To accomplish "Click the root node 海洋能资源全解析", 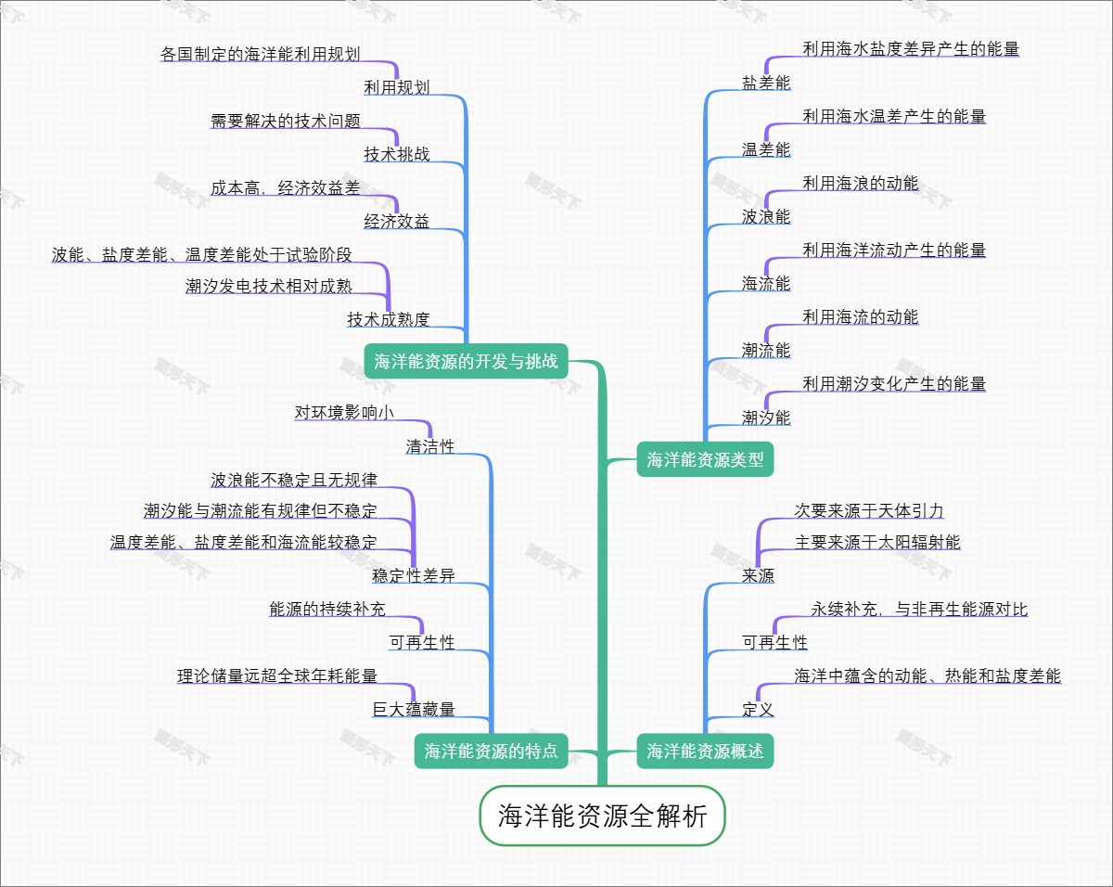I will click(602, 817).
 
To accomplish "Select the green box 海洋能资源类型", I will click(705, 459).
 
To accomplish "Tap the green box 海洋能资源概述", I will click(705, 752).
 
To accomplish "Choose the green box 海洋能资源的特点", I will click(491, 752).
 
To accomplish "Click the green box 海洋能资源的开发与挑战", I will click(466, 361).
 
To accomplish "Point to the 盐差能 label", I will click(766, 83).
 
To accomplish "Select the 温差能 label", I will click(766, 149).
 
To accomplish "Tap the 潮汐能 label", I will click(766, 418).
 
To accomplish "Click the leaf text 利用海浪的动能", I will click(861, 184).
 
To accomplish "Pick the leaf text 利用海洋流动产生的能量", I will click(894, 251).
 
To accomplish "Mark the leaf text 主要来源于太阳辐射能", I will click(877, 542).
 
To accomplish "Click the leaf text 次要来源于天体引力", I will click(869, 510).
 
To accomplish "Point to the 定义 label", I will click(758, 710).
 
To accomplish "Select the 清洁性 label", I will click(430, 446).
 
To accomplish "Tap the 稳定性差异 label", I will click(414, 576).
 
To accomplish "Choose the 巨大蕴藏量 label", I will click(414, 710).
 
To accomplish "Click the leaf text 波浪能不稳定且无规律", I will click(294, 481).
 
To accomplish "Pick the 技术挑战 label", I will click(397, 154).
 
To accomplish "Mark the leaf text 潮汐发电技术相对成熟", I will click(269, 286).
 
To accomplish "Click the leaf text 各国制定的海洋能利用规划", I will click(261, 54).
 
